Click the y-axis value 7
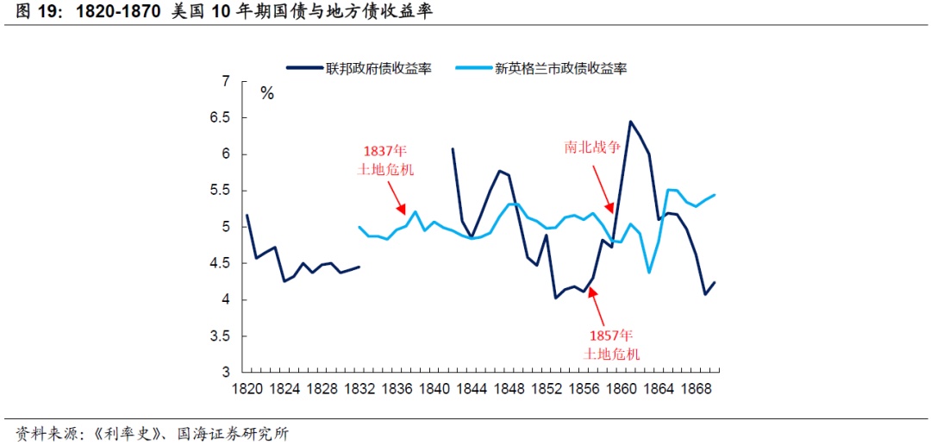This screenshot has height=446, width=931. point(227,82)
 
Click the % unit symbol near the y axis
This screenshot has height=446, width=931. point(267,93)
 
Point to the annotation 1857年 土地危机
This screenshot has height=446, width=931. point(612,343)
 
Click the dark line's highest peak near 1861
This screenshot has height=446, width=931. point(630,122)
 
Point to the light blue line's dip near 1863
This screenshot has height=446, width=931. point(649,273)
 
